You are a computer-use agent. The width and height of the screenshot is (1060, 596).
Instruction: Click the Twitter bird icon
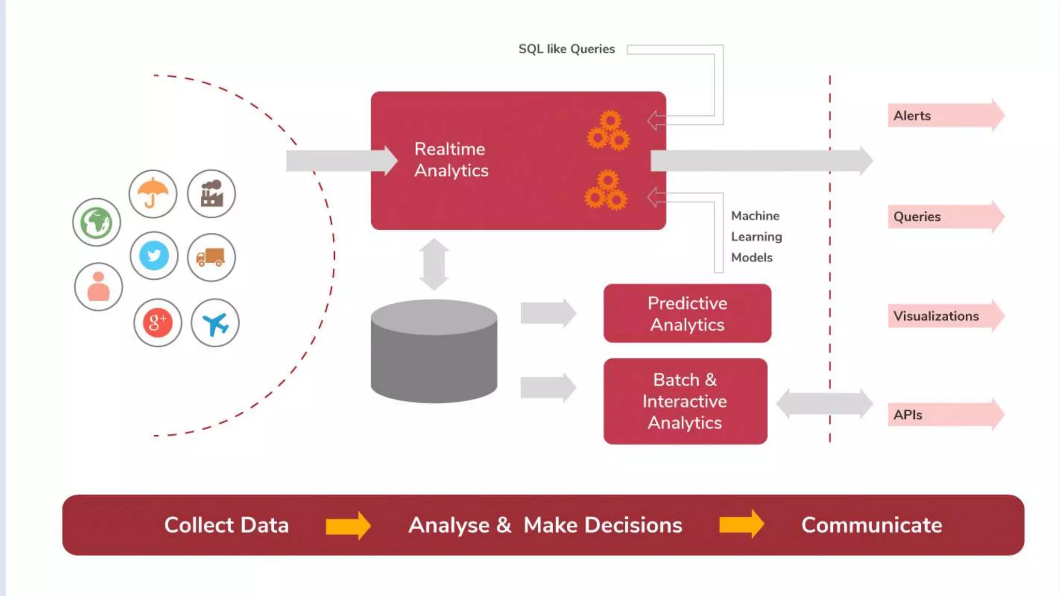[x=154, y=256]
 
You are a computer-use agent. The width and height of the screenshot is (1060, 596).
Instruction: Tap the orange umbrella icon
[x=153, y=194]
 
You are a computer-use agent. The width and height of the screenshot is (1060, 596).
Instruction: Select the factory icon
[x=211, y=194]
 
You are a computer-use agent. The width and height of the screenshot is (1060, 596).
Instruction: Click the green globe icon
[x=96, y=222]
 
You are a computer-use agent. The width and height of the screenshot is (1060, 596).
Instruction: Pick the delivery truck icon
[x=211, y=257]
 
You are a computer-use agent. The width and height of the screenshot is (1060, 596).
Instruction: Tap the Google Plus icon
[x=157, y=323]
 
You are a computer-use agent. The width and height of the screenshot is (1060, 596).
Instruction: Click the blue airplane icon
[x=215, y=323]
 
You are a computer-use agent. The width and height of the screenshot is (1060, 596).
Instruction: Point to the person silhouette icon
[x=98, y=287]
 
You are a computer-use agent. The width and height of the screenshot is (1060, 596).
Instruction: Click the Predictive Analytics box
[x=687, y=314]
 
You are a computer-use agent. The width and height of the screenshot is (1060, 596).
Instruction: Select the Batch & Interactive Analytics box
[x=685, y=401]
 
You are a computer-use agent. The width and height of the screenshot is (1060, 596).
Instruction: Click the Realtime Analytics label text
[x=451, y=160]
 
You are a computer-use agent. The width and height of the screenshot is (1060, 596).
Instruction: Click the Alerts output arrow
[x=945, y=115]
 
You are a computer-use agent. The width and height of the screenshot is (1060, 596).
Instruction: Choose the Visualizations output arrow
[x=945, y=316]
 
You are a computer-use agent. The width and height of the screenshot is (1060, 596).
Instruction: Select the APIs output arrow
[x=945, y=414]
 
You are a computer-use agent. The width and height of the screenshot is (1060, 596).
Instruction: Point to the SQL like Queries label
[x=566, y=49]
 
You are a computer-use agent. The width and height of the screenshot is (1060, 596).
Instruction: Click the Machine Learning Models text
[x=756, y=236]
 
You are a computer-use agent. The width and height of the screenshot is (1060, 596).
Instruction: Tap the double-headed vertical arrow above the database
[x=434, y=264]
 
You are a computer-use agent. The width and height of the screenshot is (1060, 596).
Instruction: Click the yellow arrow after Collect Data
[x=348, y=526]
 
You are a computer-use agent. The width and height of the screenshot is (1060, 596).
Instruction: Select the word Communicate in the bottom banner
[x=871, y=525]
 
